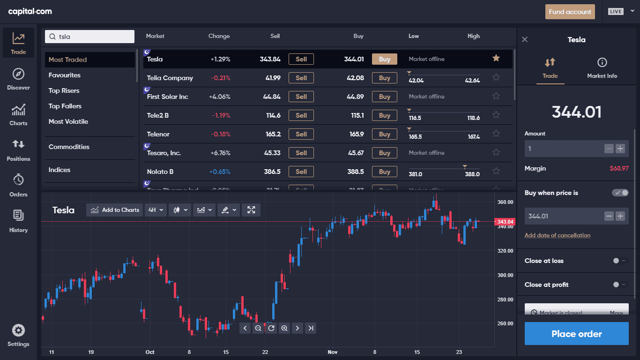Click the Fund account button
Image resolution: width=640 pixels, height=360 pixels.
point(570,12)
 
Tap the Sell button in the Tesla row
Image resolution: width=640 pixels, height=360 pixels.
point(301,59)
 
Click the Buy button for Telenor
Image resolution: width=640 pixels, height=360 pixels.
point(384,134)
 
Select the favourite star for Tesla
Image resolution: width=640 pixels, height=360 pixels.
point(496,58)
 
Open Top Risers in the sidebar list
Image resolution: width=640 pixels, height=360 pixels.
point(64,90)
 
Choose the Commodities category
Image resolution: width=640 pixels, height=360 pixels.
point(69,147)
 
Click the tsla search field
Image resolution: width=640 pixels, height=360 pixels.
point(89,37)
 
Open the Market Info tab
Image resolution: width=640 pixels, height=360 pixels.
point(602,68)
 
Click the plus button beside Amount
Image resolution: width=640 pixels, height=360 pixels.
point(620,149)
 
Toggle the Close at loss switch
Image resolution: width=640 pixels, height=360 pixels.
point(619,261)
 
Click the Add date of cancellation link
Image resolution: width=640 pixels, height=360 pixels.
point(558,235)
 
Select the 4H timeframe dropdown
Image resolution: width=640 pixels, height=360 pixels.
point(156,210)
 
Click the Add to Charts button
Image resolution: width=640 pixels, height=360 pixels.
point(115,210)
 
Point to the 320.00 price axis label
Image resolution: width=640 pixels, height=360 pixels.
point(505,251)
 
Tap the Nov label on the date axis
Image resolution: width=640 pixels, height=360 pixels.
point(333,352)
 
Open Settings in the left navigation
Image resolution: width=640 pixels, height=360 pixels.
point(18,335)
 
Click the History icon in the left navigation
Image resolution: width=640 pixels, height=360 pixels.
point(18,220)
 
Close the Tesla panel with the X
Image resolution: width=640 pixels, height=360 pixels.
point(525,40)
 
